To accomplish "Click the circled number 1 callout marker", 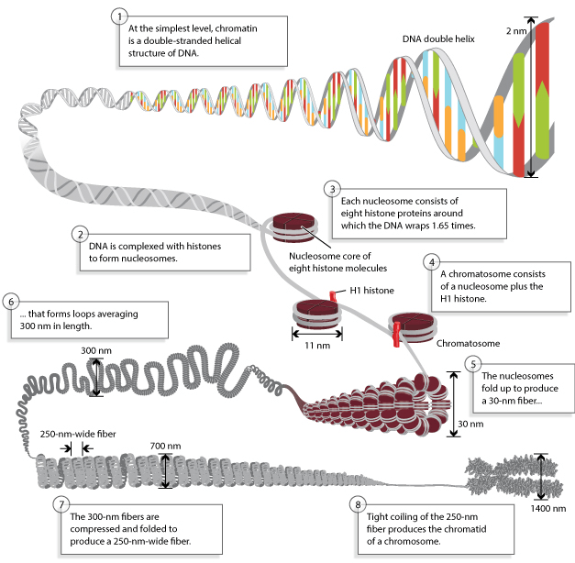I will coord(116,17).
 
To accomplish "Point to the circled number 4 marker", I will coord(430,261).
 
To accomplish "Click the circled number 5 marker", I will coord(472,363).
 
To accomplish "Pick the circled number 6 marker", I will coord(11,301).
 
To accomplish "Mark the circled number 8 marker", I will coord(357,503).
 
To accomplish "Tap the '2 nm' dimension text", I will coord(516,31).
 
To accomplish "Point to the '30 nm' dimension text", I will coord(469,425).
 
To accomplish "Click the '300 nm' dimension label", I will coord(96,350).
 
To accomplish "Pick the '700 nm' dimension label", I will coord(165,447).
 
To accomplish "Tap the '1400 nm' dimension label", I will coord(548,507).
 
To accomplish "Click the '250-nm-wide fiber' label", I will coord(77,434).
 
